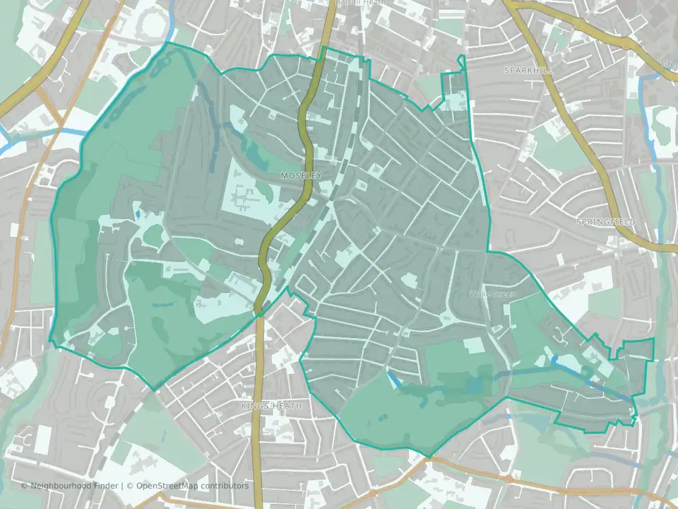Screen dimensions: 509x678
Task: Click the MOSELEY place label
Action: pos(300,175)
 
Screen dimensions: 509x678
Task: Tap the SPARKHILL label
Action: pos(528,71)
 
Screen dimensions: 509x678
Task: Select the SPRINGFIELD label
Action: pos(605,222)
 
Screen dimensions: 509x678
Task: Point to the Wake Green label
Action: pos(494,293)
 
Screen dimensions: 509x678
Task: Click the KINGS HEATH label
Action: pos(270,406)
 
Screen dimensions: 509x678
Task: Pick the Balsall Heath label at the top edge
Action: pos(362,4)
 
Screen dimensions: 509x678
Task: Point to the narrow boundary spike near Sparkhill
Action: pos(461,62)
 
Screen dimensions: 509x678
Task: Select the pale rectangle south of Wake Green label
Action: pos(475,345)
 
